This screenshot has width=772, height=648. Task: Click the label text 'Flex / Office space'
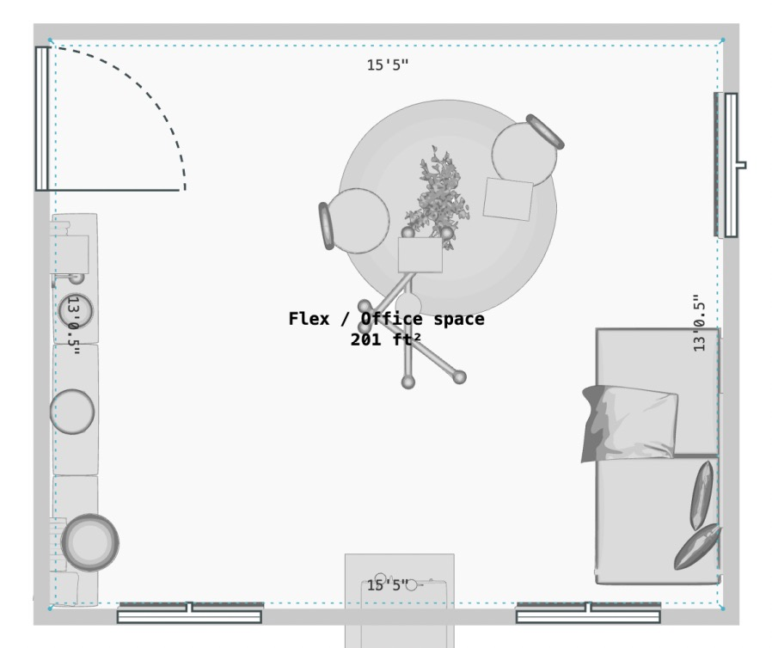pyautogui.click(x=387, y=319)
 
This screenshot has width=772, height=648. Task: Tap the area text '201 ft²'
pyautogui.click(x=385, y=339)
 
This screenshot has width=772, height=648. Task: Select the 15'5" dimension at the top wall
pyautogui.click(x=388, y=65)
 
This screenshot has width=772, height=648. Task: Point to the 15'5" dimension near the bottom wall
pyautogui.click(x=388, y=585)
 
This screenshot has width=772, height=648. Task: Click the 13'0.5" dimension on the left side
pyautogui.click(x=73, y=325)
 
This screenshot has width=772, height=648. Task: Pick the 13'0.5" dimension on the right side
pyautogui.click(x=699, y=323)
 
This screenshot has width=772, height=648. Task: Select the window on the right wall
pyautogui.click(x=729, y=165)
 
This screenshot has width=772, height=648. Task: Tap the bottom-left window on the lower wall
pyautogui.click(x=189, y=613)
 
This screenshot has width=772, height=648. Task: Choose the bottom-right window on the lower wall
pyautogui.click(x=588, y=613)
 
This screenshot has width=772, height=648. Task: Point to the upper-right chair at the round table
pyautogui.click(x=527, y=150)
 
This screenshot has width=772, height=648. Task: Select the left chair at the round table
pyautogui.click(x=354, y=221)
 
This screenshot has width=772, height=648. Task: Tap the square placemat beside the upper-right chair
pyautogui.click(x=508, y=199)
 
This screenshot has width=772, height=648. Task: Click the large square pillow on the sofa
pyautogui.click(x=629, y=423)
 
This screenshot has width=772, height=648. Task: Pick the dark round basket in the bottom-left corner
pyautogui.click(x=90, y=542)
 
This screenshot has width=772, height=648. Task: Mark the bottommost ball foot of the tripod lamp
pyautogui.click(x=408, y=382)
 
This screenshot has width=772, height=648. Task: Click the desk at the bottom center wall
pyautogui.click(x=399, y=600)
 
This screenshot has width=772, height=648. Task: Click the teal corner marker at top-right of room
pyautogui.click(x=722, y=40)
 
